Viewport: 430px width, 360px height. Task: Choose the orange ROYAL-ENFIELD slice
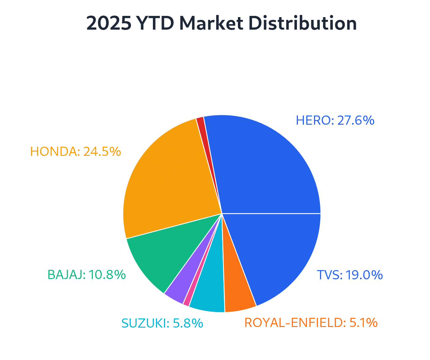(237, 290)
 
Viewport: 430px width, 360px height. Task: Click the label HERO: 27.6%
(335, 121)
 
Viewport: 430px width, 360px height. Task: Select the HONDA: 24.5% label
(76, 152)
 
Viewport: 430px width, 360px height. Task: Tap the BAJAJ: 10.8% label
(87, 275)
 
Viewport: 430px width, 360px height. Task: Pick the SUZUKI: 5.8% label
(162, 323)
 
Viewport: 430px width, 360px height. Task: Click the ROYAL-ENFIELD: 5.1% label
(311, 323)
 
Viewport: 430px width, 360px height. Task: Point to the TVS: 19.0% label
(350, 275)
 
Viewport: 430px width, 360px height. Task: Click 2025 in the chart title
(109, 24)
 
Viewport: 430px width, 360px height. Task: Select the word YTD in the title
(154, 24)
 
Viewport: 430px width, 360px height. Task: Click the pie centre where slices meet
(222, 213)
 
